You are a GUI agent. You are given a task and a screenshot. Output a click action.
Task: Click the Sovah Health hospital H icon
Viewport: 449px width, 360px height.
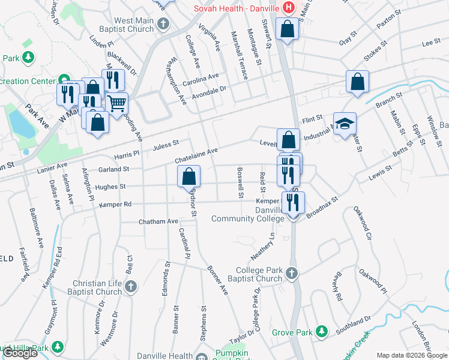289,8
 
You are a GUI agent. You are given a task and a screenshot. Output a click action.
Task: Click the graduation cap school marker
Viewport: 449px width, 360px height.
345,124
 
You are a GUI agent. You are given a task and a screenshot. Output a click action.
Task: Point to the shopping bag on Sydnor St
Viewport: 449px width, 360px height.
188,176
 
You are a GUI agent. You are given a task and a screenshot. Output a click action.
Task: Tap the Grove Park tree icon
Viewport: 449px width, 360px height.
322,331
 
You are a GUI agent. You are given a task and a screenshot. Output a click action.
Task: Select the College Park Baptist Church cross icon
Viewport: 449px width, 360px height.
291,274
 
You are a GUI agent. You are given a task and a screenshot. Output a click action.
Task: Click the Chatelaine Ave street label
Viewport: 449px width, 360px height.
196,156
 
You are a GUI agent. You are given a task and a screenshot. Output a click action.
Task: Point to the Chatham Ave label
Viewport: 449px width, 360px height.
158,221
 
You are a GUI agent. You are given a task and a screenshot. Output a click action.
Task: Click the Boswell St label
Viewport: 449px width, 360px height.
240,182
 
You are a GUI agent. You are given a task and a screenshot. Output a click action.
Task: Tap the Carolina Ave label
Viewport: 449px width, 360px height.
201,79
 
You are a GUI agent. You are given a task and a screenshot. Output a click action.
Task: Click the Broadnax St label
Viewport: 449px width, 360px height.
322,208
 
